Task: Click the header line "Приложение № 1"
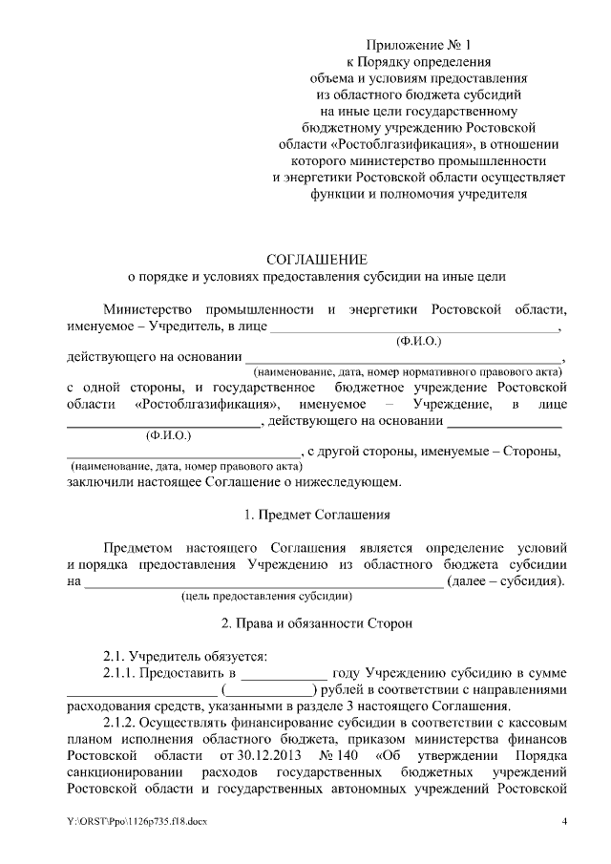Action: coord(418,46)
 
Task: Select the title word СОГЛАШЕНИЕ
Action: coord(316,259)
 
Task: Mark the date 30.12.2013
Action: coord(229,755)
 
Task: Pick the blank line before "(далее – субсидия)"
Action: coord(263,581)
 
